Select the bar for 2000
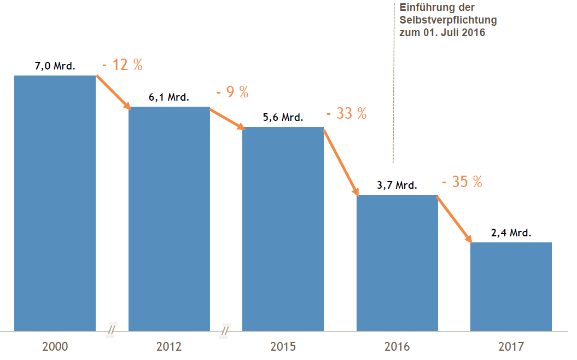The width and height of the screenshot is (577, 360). [x=55, y=203]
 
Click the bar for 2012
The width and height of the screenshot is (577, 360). [x=169, y=219]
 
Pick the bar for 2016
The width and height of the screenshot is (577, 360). [x=397, y=263]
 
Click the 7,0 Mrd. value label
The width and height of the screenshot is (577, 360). [x=55, y=66]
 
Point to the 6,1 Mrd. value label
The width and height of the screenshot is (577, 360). [x=169, y=98]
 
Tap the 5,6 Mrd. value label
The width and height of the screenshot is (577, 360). [x=283, y=118]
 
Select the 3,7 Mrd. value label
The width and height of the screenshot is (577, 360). [x=397, y=185]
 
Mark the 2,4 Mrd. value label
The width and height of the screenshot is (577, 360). [x=511, y=233]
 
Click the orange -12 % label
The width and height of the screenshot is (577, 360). [x=123, y=65]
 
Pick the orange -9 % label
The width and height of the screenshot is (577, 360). [x=232, y=92]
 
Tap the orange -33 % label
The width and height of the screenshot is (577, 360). [x=346, y=114]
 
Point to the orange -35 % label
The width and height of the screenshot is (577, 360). [x=462, y=182]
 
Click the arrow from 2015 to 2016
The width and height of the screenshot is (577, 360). [x=341, y=161]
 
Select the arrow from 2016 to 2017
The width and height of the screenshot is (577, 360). [x=454, y=219]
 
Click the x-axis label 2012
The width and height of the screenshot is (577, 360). [x=169, y=347]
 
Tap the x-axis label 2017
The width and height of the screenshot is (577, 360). [x=511, y=347]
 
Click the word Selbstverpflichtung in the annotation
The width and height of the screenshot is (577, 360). [x=448, y=20]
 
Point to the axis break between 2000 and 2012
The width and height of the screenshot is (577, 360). [x=112, y=330]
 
